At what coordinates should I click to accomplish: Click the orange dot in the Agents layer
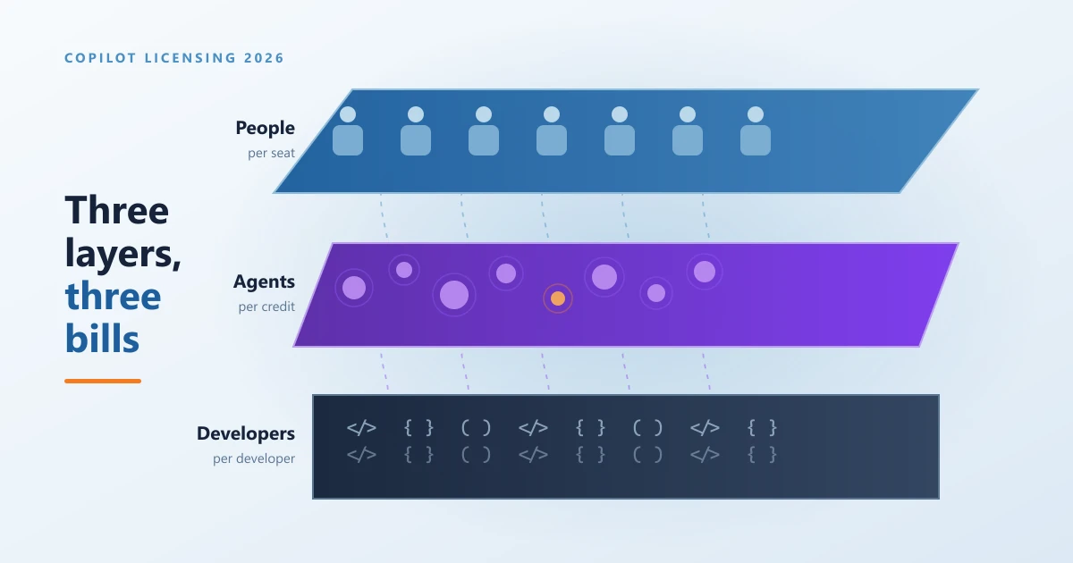point(558,298)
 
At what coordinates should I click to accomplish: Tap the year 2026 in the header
point(264,58)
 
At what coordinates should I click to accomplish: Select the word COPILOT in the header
point(100,58)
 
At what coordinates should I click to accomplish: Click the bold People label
point(265,129)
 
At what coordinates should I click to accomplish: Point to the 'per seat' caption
point(271,153)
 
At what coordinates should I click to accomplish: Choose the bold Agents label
point(264,281)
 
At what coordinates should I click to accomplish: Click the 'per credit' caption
point(266,307)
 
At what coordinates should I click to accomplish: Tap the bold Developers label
point(246,433)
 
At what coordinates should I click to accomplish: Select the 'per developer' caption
point(254,458)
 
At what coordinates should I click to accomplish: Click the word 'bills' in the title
point(102,339)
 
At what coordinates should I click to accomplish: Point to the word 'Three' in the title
point(117,210)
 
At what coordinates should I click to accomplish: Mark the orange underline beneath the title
point(103,381)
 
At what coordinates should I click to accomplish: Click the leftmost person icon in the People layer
point(348,130)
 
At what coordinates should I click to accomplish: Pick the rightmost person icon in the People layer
point(756,130)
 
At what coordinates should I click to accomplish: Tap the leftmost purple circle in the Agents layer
point(354,288)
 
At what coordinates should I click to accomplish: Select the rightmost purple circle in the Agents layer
point(705,272)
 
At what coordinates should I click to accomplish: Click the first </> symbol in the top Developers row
point(361,427)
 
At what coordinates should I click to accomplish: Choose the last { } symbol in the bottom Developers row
point(762,454)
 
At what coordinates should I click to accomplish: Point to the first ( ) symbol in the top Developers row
point(476,427)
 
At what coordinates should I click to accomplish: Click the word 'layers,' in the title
point(123,254)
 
